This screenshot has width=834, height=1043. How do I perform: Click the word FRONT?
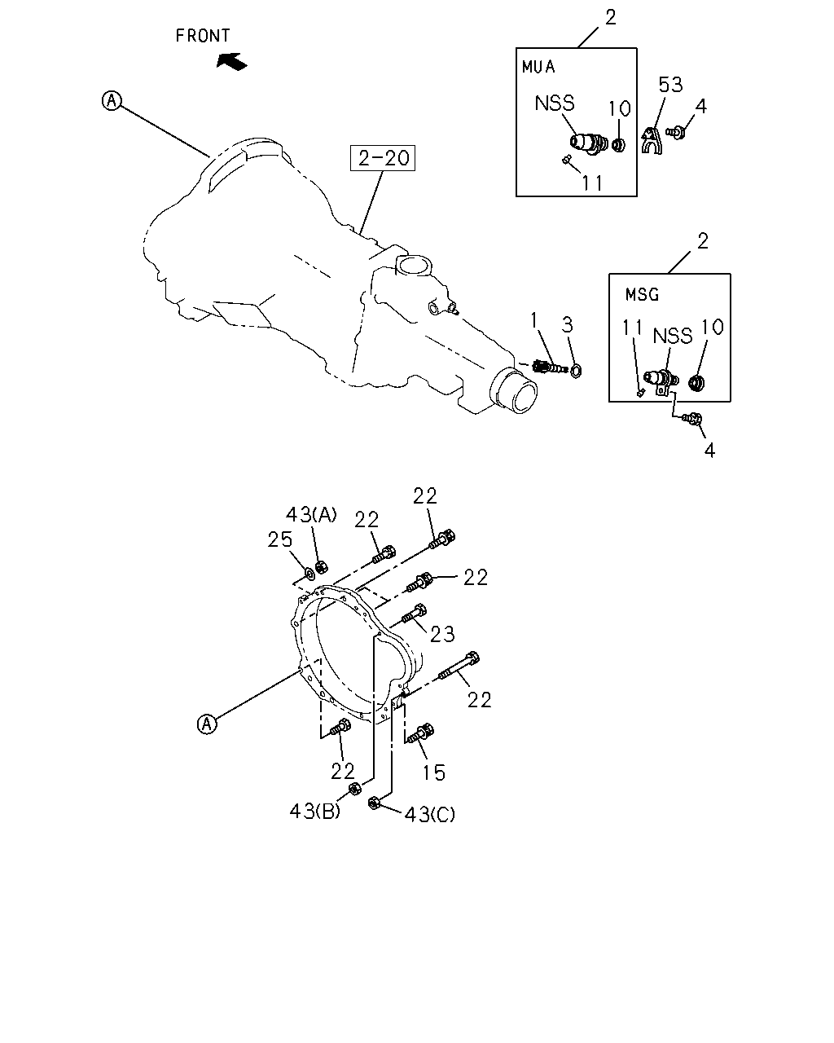tap(203, 36)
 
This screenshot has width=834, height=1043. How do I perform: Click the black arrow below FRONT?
tap(231, 62)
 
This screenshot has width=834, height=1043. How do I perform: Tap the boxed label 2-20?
tap(383, 158)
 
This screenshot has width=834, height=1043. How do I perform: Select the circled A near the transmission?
tap(112, 101)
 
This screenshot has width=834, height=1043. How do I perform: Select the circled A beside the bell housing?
tap(207, 724)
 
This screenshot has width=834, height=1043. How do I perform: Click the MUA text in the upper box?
tap(538, 67)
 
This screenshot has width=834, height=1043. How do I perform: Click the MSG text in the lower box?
tap(642, 295)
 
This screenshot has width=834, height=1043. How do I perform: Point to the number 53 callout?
tap(670, 85)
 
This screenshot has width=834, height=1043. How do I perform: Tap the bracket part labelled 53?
tap(652, 140)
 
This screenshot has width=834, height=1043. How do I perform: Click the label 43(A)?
tap(311, 514)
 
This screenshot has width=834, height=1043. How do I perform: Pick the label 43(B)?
tap(315, 812)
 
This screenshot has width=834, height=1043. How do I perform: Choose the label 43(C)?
tap(430, 815)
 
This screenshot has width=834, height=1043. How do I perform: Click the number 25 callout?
tap(280, 539)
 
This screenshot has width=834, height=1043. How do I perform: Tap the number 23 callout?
tap(442, 634)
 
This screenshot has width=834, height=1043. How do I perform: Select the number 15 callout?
tap(434, 773)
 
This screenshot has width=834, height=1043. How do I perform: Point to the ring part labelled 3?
tap(576, 372)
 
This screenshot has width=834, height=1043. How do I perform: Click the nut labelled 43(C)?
tap(374, 803)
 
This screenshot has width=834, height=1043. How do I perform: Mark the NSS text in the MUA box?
tap(555, 103)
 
